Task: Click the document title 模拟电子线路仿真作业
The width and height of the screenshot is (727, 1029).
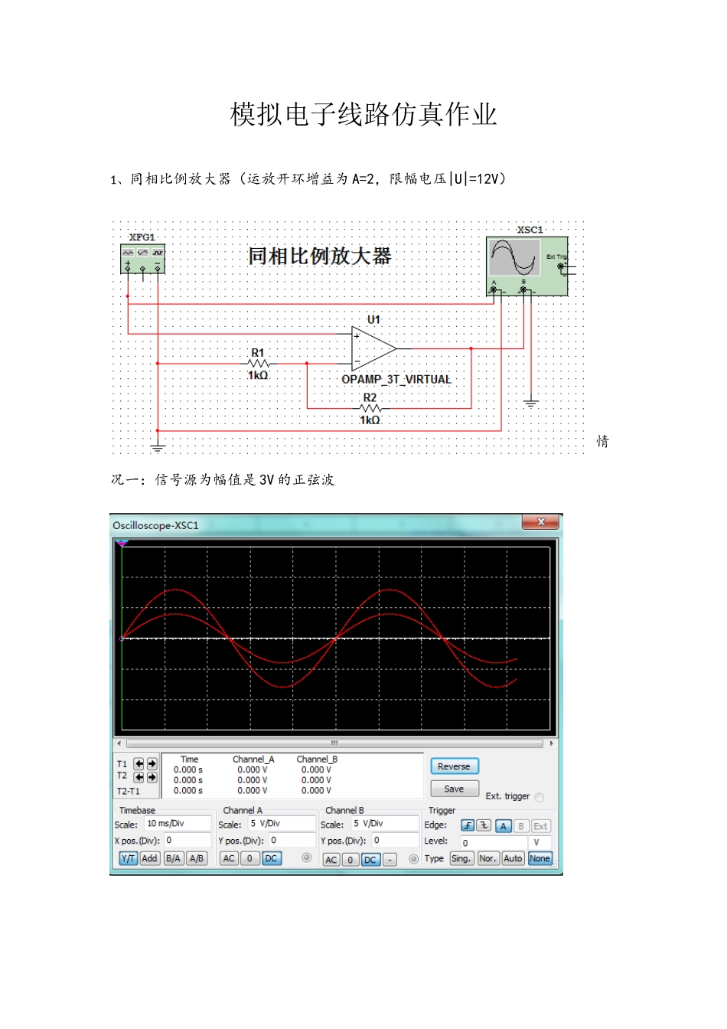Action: point(363,115)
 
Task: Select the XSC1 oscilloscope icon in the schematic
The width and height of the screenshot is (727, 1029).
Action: point(527,265)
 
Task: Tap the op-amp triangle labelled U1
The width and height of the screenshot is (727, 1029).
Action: point(373,348)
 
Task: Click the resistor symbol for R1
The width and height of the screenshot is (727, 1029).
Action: point(258,364)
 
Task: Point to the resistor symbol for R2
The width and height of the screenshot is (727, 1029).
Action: point(370,409)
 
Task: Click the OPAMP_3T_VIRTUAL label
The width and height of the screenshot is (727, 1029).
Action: point(396,379)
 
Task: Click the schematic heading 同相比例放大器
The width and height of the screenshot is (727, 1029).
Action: point(319,256)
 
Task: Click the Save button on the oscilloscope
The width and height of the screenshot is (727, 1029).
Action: point(454,789)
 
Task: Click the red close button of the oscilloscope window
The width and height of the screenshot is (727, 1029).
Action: point(541,522)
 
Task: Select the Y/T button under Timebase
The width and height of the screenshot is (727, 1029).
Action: point(128,859)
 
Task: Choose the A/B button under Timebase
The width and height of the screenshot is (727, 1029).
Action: point(197,859)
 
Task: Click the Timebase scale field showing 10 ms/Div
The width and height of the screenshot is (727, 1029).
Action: point(177,824)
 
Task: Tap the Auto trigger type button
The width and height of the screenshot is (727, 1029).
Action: point(513,859)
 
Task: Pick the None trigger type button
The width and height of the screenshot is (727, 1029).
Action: point(540,859)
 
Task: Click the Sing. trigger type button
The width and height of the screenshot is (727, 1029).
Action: point(461,859)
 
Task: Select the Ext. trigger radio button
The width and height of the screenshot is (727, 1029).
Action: point(540,798)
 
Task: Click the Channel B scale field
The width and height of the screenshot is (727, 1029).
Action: point(384,824)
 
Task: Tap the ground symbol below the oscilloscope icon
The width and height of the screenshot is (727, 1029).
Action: point(530,403)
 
